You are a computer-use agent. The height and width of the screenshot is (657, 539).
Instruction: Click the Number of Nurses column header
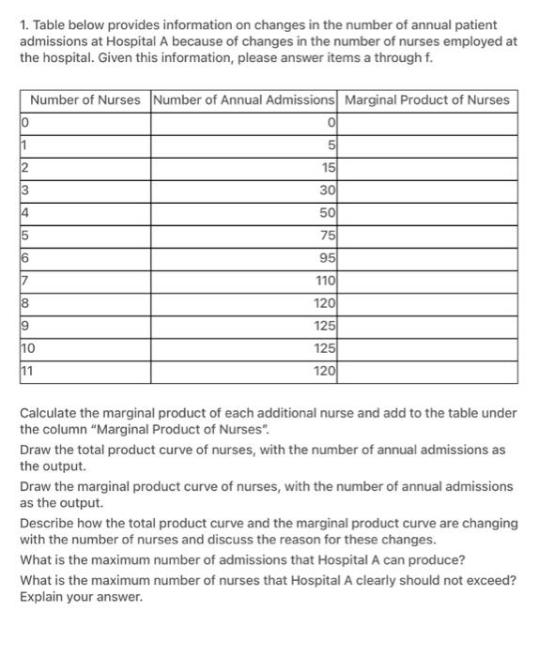[x=85, y=99]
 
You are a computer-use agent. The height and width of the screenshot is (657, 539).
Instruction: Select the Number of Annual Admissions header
[x=243, y=99]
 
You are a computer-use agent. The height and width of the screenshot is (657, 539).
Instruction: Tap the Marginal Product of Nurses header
[x=427, y=99]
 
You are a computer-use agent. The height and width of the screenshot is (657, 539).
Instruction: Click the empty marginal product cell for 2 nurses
[x=428, y=167]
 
